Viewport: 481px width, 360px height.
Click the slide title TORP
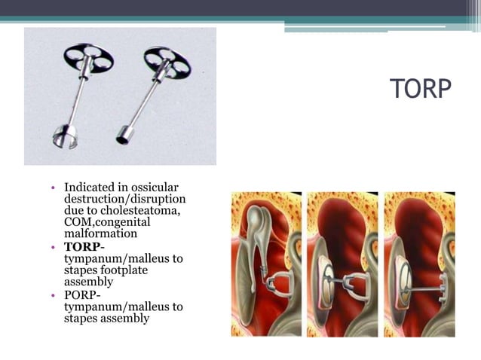pos(421,89)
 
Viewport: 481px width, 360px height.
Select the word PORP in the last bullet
pos(81,294)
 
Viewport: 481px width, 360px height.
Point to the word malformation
pos(101,234)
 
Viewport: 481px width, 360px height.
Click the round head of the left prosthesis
pos(88,57)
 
